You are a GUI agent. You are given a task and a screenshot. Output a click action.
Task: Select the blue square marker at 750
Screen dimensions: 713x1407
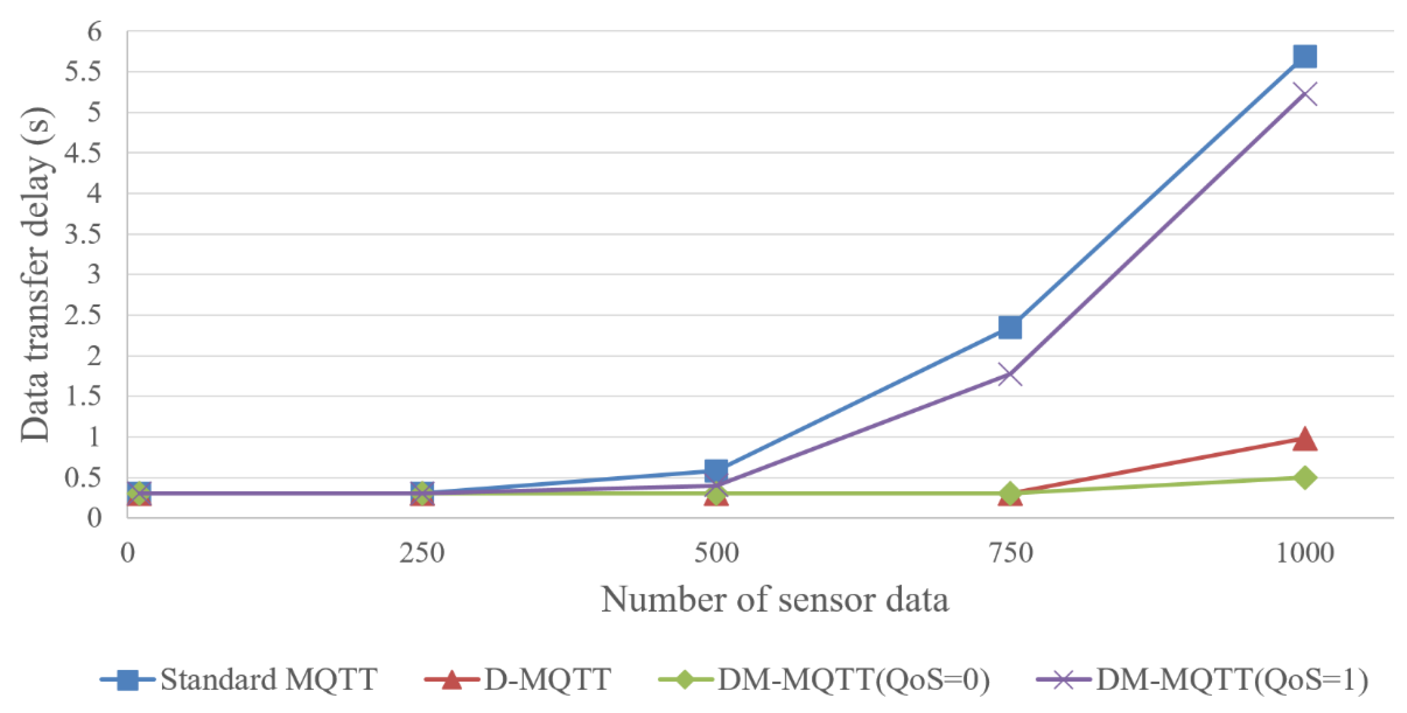tap(1010, 327)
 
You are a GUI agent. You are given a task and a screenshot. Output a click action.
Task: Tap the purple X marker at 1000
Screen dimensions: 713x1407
tap(1304, 94)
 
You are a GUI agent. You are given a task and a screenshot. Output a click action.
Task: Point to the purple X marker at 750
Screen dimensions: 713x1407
tap(1010, 375)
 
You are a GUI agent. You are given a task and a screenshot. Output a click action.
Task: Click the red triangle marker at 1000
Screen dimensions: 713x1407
tap(1304, 439)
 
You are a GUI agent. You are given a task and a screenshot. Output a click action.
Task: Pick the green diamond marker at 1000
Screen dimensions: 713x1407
tap(1304, 477)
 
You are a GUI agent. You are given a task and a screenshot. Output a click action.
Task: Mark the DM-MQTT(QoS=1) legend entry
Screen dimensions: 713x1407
tap(1202, 680)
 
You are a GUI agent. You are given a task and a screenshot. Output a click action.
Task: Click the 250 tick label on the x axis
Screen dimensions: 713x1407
tap(421, 553)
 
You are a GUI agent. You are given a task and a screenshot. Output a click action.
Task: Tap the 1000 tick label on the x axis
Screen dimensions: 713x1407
tap(1304, 553)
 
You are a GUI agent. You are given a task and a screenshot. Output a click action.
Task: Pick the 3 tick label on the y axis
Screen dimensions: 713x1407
tap(94, 274)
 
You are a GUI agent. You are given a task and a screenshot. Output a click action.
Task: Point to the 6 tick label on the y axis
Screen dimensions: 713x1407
tap(94, 32)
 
